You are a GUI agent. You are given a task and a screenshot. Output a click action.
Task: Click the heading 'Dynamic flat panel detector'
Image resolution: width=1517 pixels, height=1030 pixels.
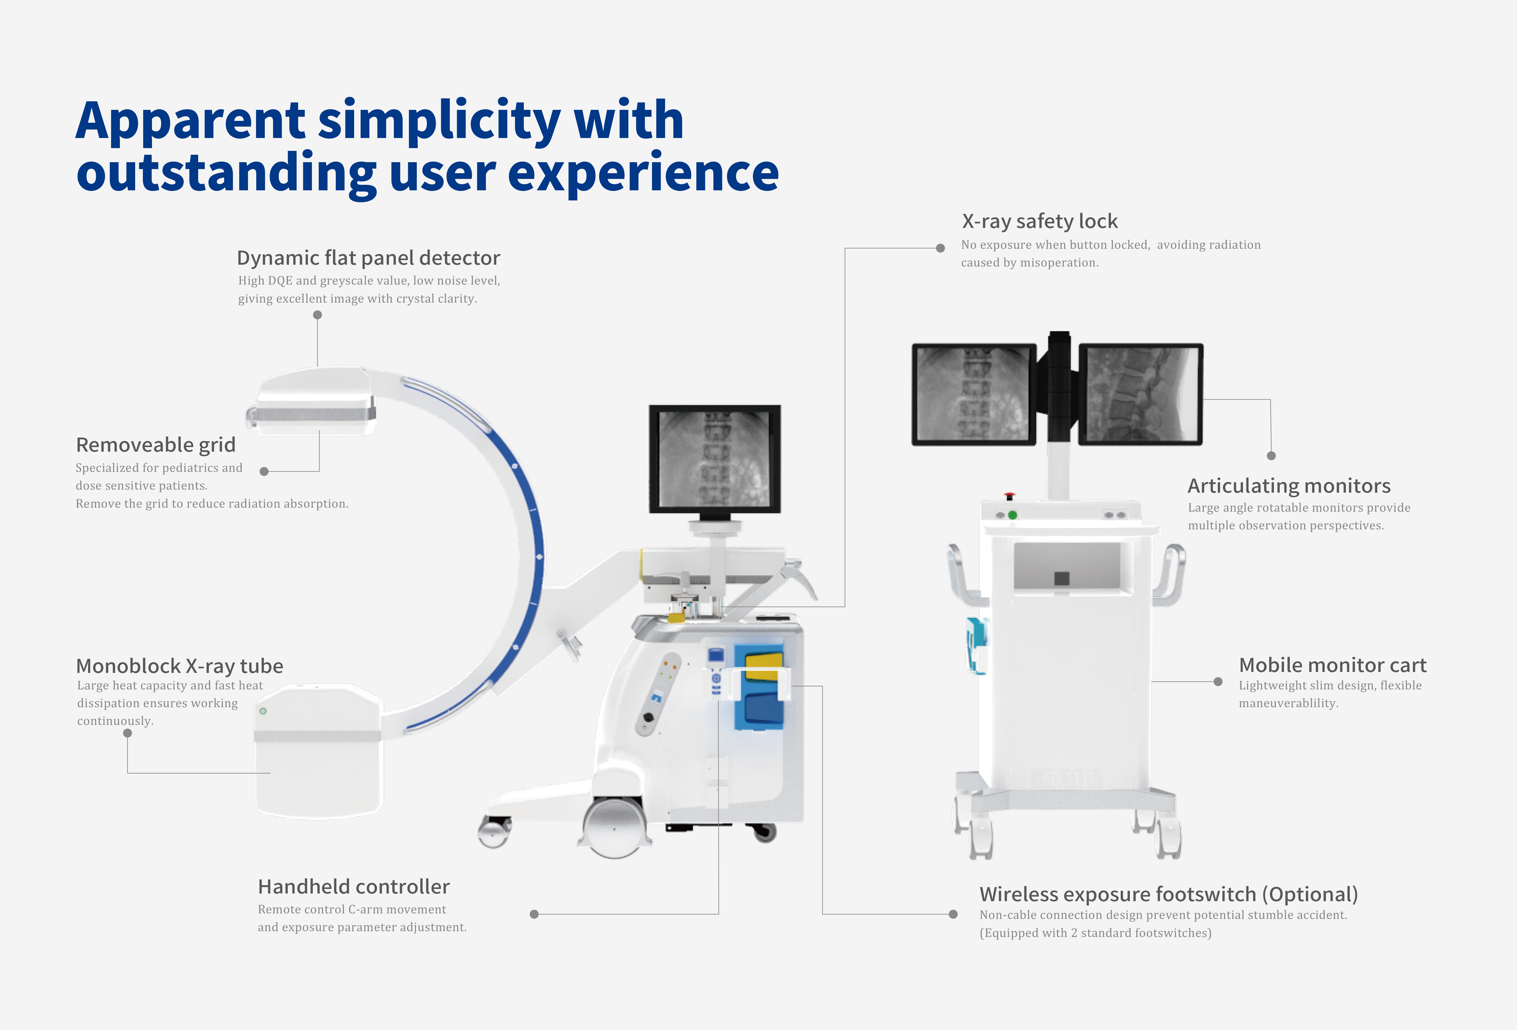[x=368, y=258]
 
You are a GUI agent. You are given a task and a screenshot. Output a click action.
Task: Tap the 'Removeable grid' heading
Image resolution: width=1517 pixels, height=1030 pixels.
[x=155, y=445]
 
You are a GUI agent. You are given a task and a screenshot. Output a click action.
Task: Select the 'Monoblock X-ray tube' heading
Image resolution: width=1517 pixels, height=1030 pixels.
[x=179, y=666]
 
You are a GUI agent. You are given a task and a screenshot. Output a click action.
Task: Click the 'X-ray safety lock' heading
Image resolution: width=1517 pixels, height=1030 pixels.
[x=1039, y=222]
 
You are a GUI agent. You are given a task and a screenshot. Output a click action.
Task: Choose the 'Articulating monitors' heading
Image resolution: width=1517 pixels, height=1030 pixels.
[x=1289, y=486]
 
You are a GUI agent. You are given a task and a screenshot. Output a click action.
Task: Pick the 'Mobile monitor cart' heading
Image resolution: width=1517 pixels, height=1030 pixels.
[x=1332, y=665]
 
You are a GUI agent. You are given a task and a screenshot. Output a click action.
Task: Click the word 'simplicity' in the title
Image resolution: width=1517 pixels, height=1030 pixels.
[x=439, y=121]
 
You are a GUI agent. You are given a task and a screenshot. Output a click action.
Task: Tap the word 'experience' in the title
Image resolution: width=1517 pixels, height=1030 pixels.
[x=643, y=173]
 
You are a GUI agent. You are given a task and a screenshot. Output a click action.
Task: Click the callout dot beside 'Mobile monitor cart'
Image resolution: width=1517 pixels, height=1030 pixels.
[x=1217, y=682]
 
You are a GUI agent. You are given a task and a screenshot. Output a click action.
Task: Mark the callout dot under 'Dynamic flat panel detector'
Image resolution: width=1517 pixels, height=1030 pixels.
[x=317, y=315]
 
